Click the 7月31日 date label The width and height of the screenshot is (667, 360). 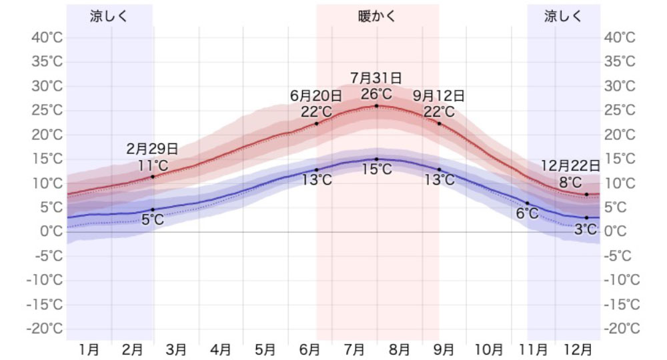(377, 78)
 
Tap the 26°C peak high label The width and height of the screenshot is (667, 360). (377, 93)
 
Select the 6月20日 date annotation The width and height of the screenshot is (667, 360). (316, 95)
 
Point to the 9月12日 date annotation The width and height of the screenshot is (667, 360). (439, 95)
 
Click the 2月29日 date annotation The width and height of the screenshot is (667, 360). (153, 149)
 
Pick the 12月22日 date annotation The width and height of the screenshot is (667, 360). (570, 165)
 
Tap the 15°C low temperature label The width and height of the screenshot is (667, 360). (377, 170)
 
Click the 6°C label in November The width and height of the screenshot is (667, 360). (527, 213)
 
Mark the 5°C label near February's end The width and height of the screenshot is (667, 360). (153, 219)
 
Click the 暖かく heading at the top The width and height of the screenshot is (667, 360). (377, 17)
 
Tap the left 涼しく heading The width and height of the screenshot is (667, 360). (109, 17)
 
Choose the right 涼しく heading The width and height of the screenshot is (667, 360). (563, 17)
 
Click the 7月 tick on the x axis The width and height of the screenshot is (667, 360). (354, 349)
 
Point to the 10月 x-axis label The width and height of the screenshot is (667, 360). (489, 349)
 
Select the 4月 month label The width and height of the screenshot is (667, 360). (221, 349)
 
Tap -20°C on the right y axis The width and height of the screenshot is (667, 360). (622, 329)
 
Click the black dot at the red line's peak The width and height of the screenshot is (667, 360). (377, 105)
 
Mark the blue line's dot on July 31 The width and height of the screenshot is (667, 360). (377, 159)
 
